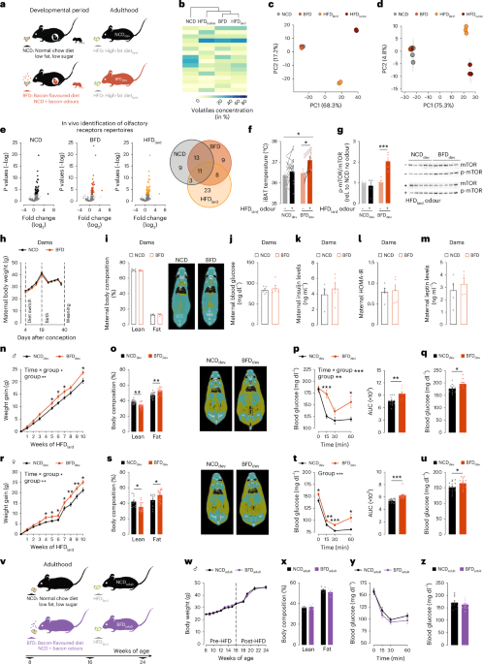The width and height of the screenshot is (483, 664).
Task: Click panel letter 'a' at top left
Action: click(5, 5)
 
